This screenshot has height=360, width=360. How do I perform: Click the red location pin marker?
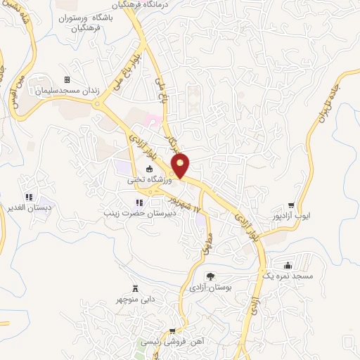tap(181, 165)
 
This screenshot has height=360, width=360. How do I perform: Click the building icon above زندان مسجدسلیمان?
tap(67, 79)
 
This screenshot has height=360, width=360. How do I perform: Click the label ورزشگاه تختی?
tap(148, 180)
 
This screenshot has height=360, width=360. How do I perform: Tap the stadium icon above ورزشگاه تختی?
tap(149, 169)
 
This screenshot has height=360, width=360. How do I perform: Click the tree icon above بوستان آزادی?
tap(210, 276)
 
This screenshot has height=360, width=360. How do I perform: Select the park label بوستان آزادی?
tap(210, 288)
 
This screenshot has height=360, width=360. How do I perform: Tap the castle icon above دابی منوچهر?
tap(135, 289)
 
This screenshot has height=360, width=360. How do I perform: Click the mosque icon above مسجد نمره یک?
tap(288, 266)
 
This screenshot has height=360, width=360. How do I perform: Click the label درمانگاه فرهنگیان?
tap(157, 4)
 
